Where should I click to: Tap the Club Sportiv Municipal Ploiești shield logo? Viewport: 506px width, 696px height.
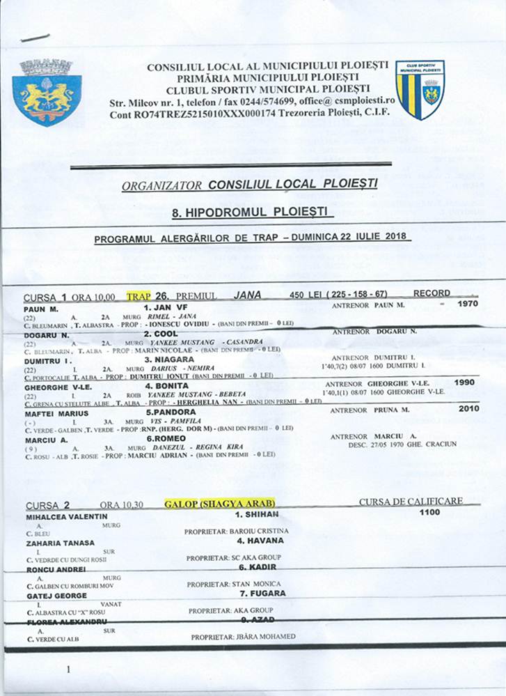[x=420, y=89]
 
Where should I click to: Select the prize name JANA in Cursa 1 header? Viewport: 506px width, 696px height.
[x=248, y=295]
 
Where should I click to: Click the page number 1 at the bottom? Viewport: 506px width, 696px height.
[x=68, y=670]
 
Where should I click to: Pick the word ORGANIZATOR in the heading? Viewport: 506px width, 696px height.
[x=161, y=186]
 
